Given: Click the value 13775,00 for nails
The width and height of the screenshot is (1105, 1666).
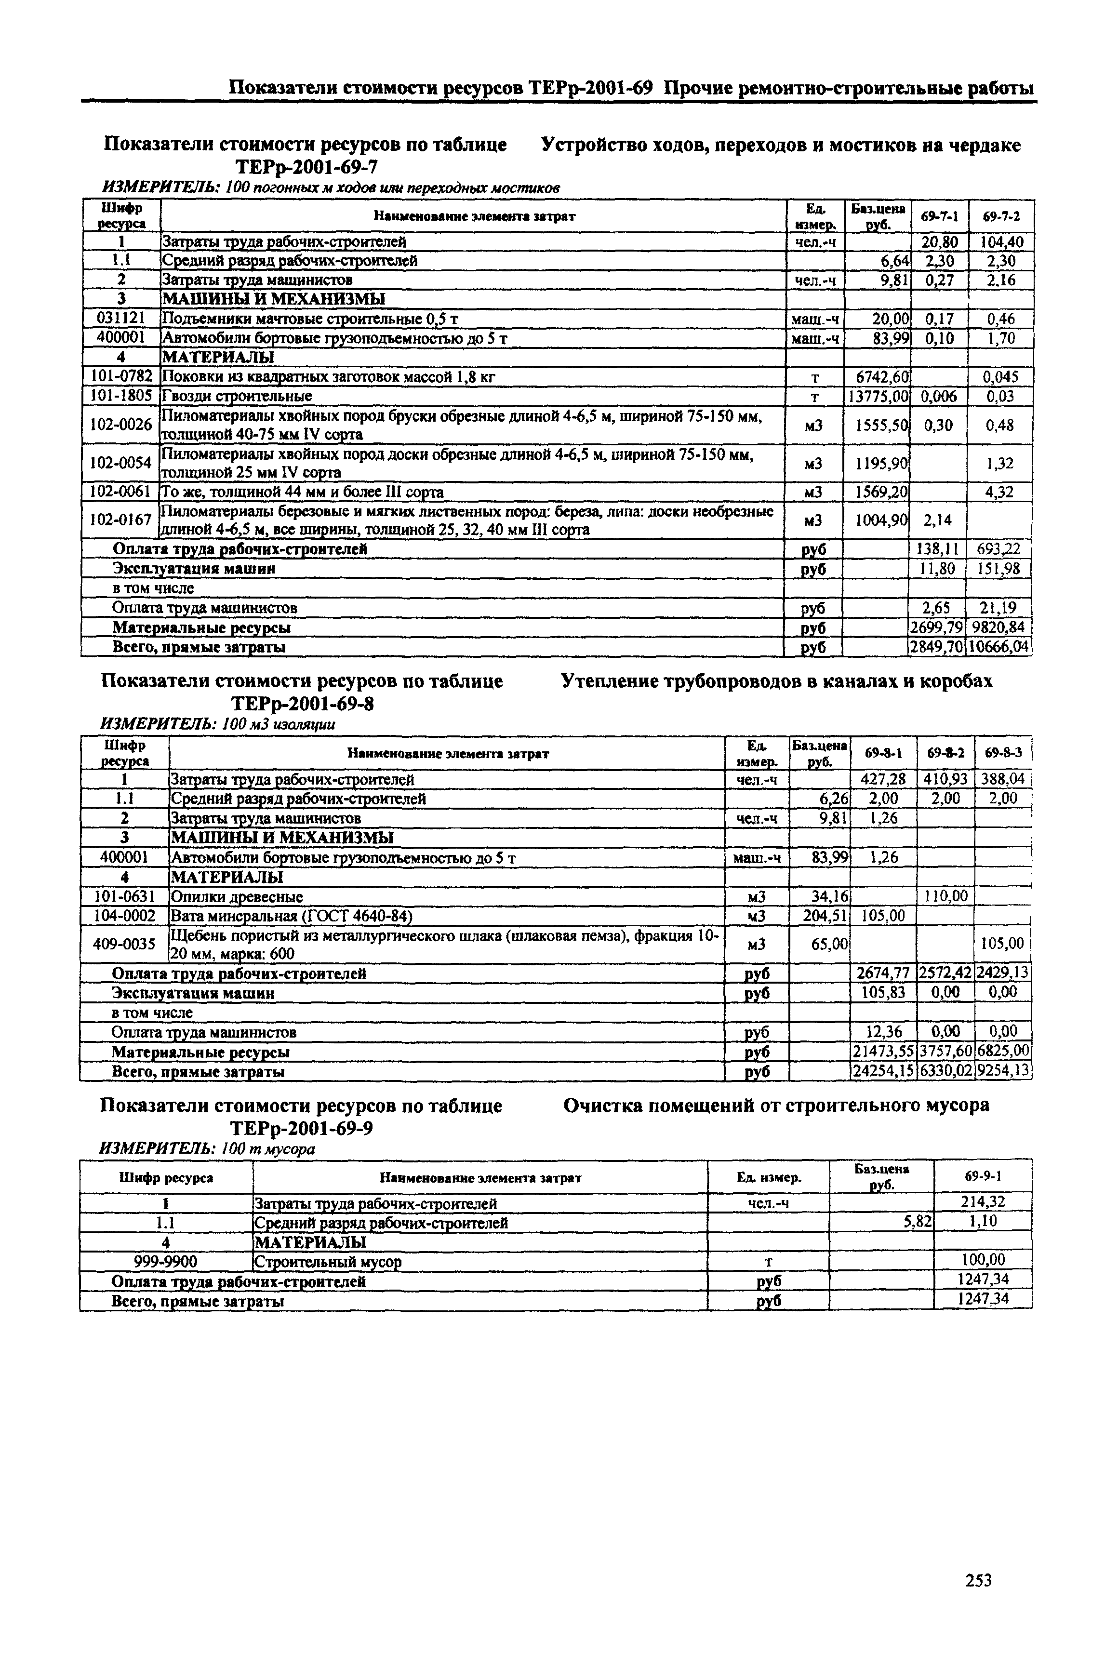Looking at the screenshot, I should tap(878, 396).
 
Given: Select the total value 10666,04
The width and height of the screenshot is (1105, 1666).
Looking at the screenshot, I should tap(999, 646).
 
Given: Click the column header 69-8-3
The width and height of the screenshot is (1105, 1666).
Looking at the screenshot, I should tap(1003, 753).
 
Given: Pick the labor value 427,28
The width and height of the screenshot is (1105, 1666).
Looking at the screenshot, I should tap(884, 779).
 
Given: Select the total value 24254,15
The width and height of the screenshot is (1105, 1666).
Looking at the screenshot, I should tap(884, 1071).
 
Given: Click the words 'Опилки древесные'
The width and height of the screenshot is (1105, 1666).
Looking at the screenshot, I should tap(237, 896).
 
